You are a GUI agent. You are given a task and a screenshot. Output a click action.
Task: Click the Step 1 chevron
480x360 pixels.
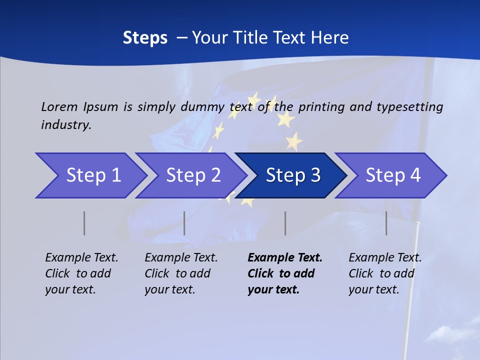pyautogui.click(x=90, y=175)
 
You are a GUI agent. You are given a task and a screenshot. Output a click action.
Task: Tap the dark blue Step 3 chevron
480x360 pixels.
pyautogui.click(x=292, y=175)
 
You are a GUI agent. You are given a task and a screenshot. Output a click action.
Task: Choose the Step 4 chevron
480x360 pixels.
pyautogui.click(x=392, y=175)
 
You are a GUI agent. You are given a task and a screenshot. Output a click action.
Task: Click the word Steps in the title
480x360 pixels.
pyautogui.click(x=145, y=38)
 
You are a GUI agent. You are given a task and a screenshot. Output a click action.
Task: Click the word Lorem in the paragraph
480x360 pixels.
pyautogui.click(x=59, y=106)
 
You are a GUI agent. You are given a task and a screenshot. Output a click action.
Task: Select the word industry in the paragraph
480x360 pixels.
pyautogui.click(x=66, y=125)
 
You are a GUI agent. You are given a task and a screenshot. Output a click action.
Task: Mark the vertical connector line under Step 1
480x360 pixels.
pyautogui.click(x=84, y=223)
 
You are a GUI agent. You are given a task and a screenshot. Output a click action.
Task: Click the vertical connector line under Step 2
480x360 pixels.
pyautogui.click(x=184, y=223)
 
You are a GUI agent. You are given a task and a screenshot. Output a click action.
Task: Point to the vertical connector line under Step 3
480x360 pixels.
pyautogui.click(x=285, y=223)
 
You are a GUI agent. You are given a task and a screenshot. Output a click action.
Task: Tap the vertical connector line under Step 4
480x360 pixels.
pyautogui.click(x=386, y=223)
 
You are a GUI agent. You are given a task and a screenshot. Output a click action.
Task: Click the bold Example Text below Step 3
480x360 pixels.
pyautogui.click(x=285, y=258)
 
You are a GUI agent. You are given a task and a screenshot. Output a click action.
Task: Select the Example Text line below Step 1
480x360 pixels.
pyautogui.click(x=81, y=258)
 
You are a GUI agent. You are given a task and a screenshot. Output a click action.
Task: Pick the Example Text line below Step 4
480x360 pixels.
pyautogui.click(x=385, y=258)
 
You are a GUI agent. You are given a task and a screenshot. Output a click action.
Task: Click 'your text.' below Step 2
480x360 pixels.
pyautogui.click(x=169, y=289)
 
